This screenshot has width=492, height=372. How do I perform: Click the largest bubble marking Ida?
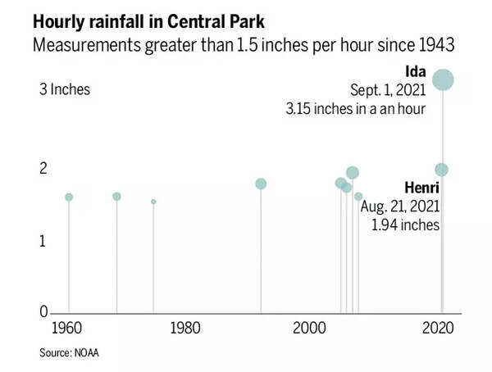pos(444,79)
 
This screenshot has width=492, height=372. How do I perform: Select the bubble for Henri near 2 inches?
pos(441,170)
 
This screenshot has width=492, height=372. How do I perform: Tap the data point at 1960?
pos(69,197)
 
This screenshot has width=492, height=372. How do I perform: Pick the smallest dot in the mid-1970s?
pos(153,202)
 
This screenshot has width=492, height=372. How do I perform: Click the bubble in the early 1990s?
pos(261,184)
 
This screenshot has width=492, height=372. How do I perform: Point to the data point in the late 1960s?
pos(116,196)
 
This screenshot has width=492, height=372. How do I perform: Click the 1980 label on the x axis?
pos(185,329)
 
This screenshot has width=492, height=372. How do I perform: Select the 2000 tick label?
pos(308,329)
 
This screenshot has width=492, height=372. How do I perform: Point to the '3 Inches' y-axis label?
pos(64,89)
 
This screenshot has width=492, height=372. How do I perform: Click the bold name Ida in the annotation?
pos(417,71)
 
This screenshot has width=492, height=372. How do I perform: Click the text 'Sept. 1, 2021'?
pos(387,89)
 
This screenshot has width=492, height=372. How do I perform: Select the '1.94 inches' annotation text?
pos(406,225)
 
